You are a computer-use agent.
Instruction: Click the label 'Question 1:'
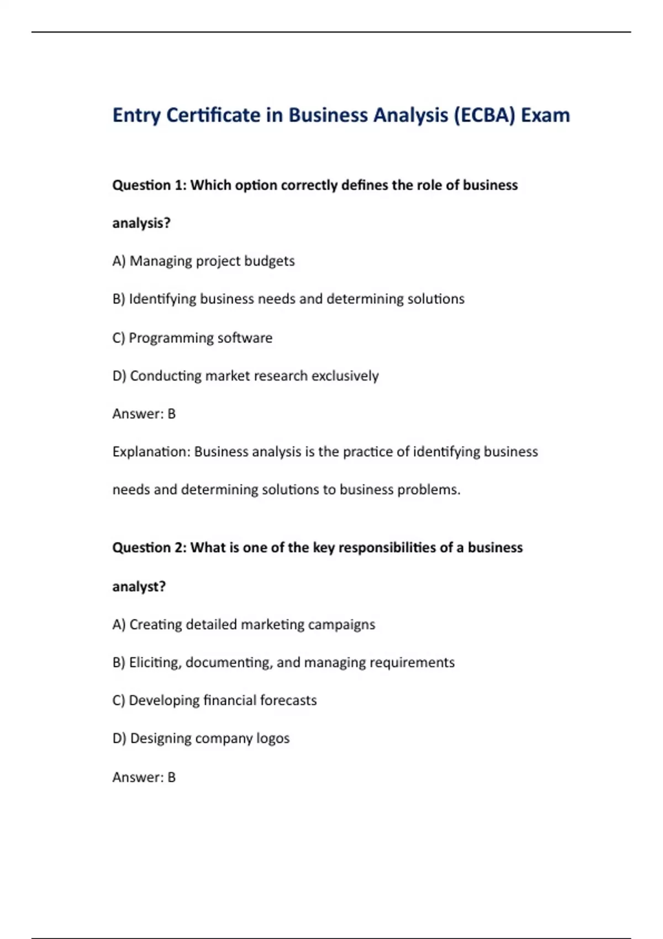pos(149,185)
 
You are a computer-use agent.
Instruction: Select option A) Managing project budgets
pos(203,261)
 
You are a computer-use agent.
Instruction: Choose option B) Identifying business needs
pos(288,299)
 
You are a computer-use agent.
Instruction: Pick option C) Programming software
pos(192,337)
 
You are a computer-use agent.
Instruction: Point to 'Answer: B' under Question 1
pos(144,414)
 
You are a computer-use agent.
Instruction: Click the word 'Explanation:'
pos(151,452)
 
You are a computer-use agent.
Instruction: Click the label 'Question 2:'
pos(149,547)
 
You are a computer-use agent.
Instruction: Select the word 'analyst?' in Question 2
pos(139,586)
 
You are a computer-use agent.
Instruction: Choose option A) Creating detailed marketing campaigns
pos(244,624)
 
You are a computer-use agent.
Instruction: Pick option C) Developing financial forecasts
pos(214,700)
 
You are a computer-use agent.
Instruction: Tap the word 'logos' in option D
pos(272,738)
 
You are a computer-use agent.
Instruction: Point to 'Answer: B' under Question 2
pos(144,777)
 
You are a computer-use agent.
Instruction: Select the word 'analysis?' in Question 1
pos(141,223)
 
